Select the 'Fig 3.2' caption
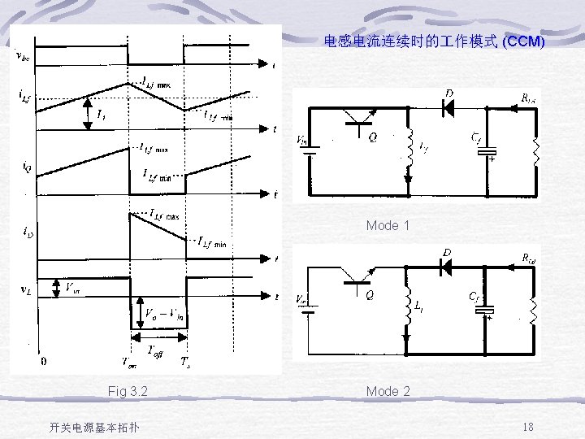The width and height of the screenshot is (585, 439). point(128,391)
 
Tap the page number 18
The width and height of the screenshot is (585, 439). point(527,427)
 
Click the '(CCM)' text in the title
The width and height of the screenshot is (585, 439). point(523,40)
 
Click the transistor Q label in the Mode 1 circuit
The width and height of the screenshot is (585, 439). point(372,138)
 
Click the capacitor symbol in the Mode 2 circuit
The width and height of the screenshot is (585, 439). point(487,310)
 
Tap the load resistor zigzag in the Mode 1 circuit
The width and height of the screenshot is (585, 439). point(535,152)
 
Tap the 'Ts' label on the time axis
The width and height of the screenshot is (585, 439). point(186,363)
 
